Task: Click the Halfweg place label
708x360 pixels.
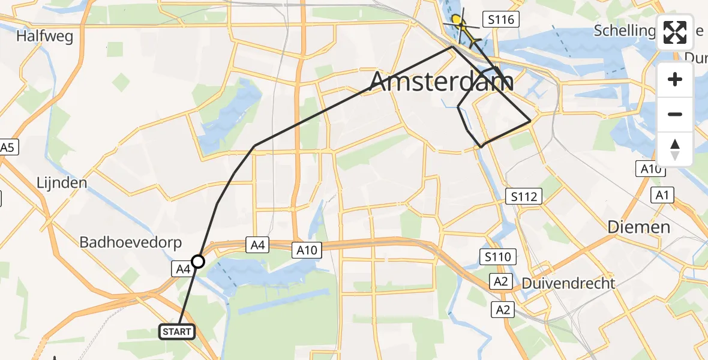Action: tap(45, 37)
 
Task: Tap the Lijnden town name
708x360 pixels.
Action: tap(61, 182)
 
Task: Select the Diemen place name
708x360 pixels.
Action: tap(638, 227)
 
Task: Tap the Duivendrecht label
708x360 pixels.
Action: tap(568, 283)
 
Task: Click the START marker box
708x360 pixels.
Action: tap(177, 331)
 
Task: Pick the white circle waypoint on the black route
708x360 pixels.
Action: tap(198, 261)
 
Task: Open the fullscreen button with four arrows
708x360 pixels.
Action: tap(675, 32)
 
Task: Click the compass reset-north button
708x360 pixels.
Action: tap(675, 149)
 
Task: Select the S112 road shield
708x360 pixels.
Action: tap(523, 196)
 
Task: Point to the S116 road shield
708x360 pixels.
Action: tap(502, 20)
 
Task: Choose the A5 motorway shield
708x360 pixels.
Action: tap(7, 148)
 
